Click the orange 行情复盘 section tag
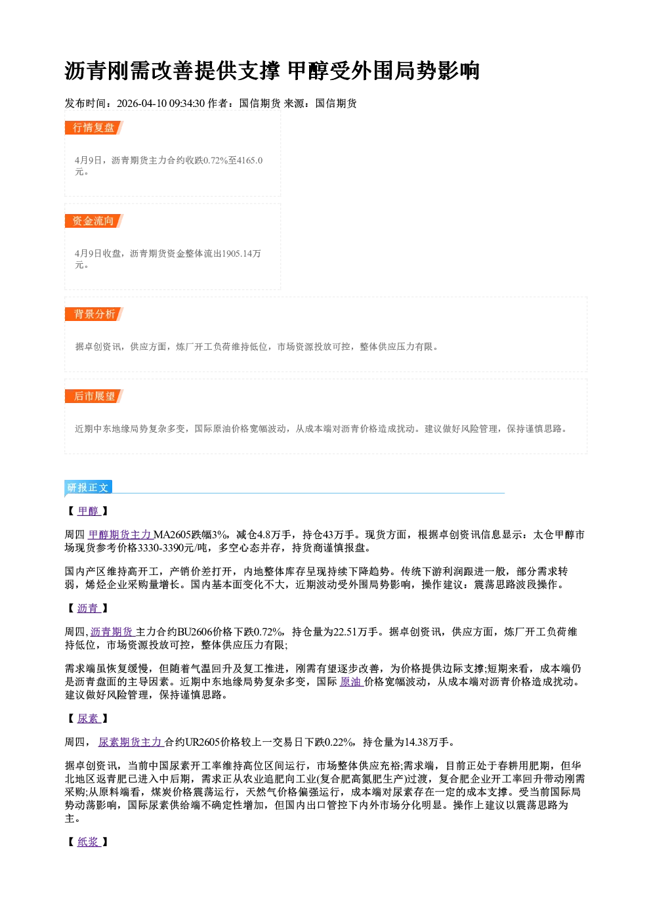pyautogui.click(x=94, y=128)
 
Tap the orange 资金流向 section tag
pyautogui.click(x=94, y=221)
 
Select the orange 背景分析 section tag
pyautogui.click(x=94, y=314)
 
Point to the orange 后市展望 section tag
pyautogui.click(x=94, y=396)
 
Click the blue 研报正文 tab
pyautogui.click(x=88, y=488)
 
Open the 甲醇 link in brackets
pyautogui.click(x=89, y=511)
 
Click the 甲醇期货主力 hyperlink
pyautogui.click(x=121, y=534)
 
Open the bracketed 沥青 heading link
pyautogui.click(x=89, y=608)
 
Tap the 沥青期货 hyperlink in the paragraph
pyautogui.click(x=113, y=632)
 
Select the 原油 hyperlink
pyautogui.click(x=351, y=681)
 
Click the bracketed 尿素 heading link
pyautogui.click(x=89, y=718)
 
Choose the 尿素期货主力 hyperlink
pyautogui.click(x=131, y=742)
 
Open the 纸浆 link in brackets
pyautogui.click(x=89, y=842)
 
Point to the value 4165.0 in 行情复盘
pyautogui.click(x=249, y=160)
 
